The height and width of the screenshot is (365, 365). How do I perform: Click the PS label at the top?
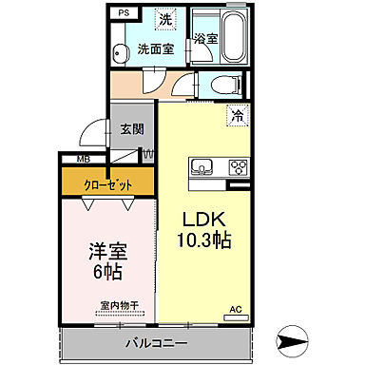pyautogui.click(x=124, y=13)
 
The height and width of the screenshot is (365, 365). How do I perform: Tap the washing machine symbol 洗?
pyautogui.click(x=166, y=19)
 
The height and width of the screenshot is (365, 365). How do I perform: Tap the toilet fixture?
pyautogui.click(x=224, y=84)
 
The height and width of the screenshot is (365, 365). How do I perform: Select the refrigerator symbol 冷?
pyautogui.click(x=234, y=116)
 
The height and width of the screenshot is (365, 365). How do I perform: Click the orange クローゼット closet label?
pyautogui.click(x=108, y=183)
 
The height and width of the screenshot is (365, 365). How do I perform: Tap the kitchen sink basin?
pyautogui.click(x=203, y=169)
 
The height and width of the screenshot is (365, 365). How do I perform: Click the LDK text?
pyautogui.click(x=203, y=219)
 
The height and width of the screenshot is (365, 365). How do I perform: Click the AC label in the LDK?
pyautogui.click(x=235, y=309)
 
